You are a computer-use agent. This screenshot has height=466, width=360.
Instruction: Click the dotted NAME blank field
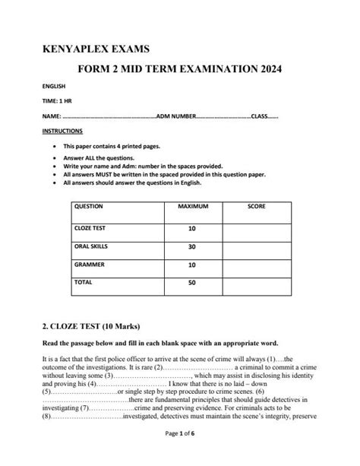click(106, 116)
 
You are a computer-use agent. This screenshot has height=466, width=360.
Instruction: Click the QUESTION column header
click(89, 207)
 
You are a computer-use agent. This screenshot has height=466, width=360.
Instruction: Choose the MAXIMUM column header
click(193, 207)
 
